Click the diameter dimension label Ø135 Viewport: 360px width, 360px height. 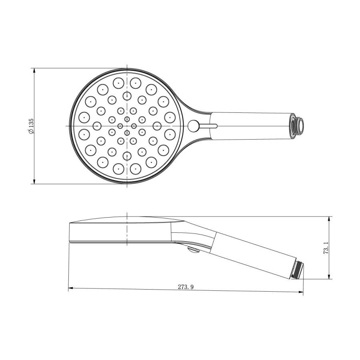coord(30,126)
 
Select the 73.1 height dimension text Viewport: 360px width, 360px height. coord(326,248)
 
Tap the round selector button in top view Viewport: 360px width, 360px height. coord(193,126)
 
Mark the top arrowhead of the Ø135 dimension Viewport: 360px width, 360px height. coord(34,70)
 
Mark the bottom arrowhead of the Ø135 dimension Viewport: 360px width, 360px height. coord(34,182)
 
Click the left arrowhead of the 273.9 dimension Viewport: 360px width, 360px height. coord(71,288)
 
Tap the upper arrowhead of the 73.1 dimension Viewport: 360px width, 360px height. coord(329,219)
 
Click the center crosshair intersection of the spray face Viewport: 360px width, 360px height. coord(127,126)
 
